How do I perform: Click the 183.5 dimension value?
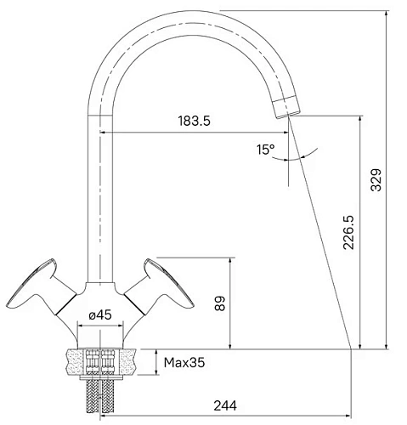195,121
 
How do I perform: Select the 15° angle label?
266,150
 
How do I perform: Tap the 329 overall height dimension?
376,180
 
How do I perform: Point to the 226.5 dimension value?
348,232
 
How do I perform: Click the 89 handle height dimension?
220,303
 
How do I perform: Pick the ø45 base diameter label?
100,314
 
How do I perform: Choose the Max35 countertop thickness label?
184,362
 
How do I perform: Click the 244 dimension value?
225,405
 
